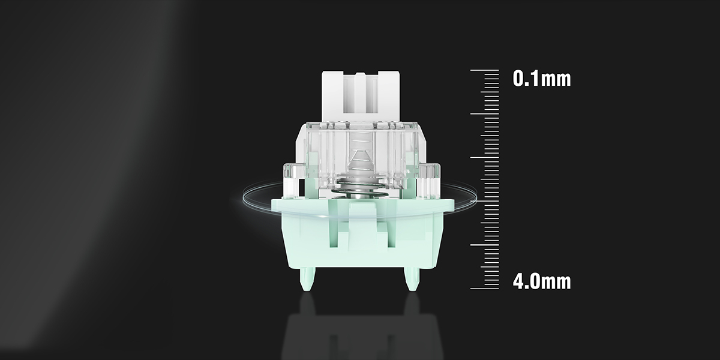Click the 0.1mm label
(542, 79)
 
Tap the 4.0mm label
(542, 281)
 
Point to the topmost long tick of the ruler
(485, 70)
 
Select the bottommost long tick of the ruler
(485, 289)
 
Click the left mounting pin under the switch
(307, 279)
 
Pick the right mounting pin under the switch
(412, 279)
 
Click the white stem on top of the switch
(361, 97)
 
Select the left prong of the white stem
(332, 96)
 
